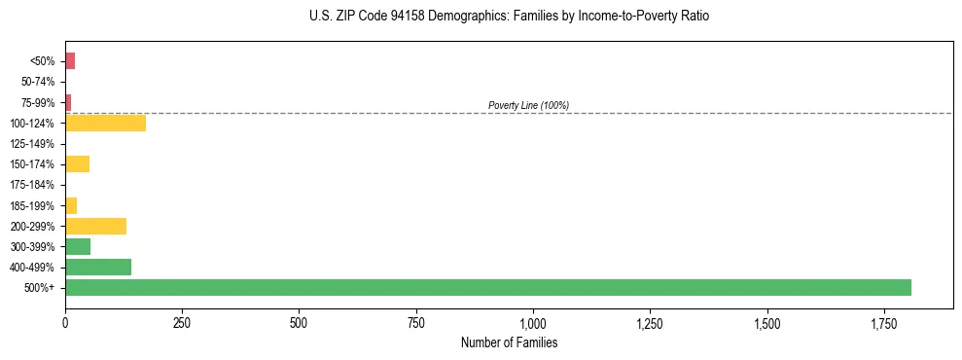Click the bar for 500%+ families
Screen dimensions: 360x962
pos(487,287)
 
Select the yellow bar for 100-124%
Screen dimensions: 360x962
pos(105,124)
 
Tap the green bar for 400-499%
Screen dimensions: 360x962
pos(98,267)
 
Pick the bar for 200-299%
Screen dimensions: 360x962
pos(95,226)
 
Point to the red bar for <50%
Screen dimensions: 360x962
pos(70,61)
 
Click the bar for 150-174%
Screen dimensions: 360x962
pos(77,164)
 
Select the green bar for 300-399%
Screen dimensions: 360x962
pos(78,246)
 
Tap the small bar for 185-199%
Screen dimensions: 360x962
pos(71,205)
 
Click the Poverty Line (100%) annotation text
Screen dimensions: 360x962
pos(528,105)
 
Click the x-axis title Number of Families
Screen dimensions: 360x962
pos(509,342)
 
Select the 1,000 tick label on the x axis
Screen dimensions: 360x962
pos(533,323)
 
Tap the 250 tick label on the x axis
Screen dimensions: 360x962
pos(182,323)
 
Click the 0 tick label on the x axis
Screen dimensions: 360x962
pos(65,323)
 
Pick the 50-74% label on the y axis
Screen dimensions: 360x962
pos(38,82)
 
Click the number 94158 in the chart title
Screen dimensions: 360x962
pos(398,17)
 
